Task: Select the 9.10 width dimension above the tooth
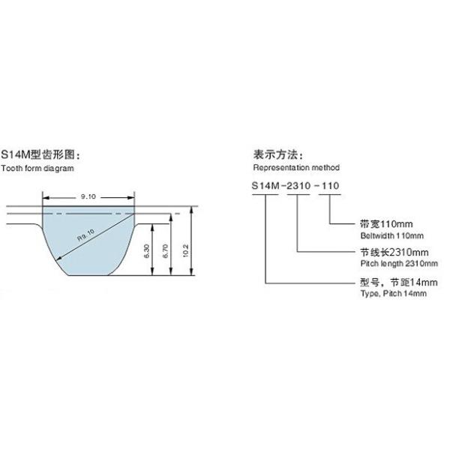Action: [88, 197]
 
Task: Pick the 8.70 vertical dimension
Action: [165, 256]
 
